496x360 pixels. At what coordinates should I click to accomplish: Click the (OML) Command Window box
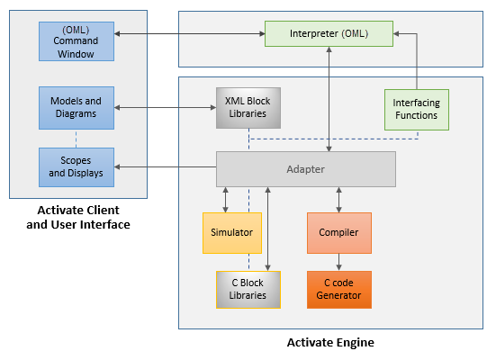click(77, 41)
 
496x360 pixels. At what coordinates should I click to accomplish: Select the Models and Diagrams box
click(77, 108)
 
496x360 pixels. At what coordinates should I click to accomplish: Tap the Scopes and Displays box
click(77, 167)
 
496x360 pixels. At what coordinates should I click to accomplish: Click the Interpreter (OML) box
click(329, 33)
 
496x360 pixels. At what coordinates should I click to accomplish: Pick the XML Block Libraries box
click(248, 108)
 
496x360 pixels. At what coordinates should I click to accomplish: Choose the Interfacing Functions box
click(416, 110)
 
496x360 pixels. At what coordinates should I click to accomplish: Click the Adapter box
click(305, 169)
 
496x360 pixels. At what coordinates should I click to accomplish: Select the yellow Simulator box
click(232, 233)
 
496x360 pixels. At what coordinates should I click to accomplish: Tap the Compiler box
click(338, 233)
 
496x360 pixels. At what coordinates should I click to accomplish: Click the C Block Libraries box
click(248, 290)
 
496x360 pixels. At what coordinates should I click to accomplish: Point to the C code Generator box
click(338, 290)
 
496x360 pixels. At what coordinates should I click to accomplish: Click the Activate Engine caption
click(330, 342)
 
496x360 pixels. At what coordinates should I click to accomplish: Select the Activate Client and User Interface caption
click(78, 217)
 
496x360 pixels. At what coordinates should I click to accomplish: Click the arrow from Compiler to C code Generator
click(338, 262)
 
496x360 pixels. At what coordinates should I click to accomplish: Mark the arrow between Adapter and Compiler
click(338, 200)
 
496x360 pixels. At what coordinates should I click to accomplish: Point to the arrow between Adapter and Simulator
click(225, 200)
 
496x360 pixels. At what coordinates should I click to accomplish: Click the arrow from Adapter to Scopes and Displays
click(165, 166)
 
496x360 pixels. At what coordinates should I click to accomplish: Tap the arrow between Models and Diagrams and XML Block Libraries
click(165, 108)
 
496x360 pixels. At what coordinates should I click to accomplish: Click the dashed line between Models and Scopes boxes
click(76, 139)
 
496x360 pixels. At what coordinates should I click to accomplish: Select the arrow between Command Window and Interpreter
click(189, 33)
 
